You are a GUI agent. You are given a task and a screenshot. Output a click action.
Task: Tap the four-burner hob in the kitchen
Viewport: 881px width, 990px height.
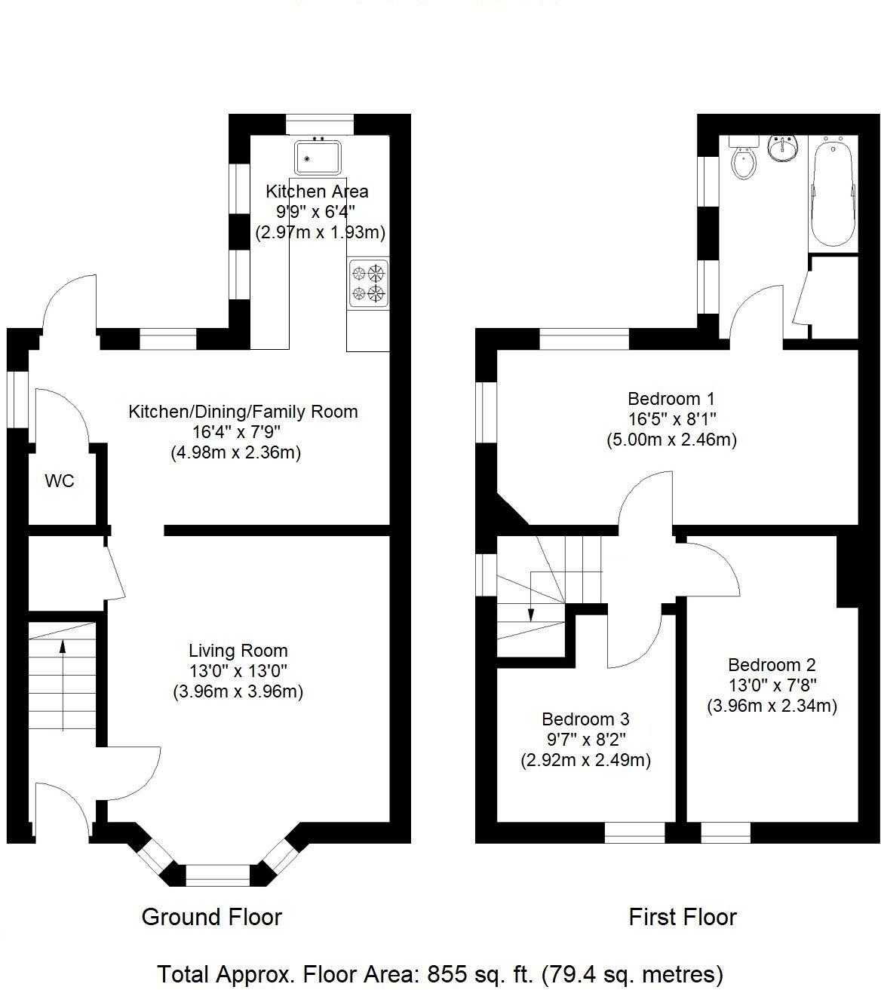pos(368,283)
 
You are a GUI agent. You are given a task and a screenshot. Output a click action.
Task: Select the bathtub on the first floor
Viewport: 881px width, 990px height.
pos(833,192)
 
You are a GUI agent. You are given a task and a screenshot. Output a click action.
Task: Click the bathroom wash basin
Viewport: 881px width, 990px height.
pos(784,148)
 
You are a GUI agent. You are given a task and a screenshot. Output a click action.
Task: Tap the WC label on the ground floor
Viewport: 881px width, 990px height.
pos(60,481)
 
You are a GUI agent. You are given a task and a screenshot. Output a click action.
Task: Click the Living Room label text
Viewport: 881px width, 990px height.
pos(238,651)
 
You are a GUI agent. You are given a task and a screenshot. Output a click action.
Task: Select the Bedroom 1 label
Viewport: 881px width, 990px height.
pos(671,398)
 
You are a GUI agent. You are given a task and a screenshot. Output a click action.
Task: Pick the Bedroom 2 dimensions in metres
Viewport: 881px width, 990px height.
pos(772,706)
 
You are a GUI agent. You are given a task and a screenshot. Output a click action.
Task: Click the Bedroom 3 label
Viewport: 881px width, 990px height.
pos(585,719)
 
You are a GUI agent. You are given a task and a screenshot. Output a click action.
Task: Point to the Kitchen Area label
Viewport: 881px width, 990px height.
pos(317,192)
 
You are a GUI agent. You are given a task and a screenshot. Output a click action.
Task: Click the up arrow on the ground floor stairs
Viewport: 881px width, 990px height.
pos(62,645)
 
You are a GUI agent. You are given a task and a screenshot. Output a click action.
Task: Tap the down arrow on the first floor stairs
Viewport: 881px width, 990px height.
pos(531,612)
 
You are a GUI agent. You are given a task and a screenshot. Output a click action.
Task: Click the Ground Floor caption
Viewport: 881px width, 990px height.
pos(211,918)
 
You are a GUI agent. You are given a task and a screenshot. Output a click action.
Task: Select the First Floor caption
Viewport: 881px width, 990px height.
pos(682,918)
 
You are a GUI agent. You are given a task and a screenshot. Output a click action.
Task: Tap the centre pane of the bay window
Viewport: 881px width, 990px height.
pos(217,875)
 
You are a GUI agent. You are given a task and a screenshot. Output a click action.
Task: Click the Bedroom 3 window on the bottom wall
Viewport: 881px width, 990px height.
pos(634,832)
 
